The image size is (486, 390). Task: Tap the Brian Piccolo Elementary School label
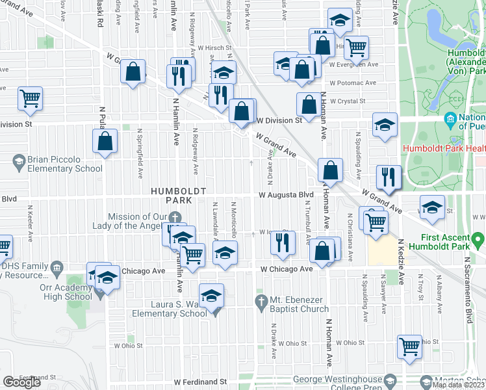[x=57, y=164]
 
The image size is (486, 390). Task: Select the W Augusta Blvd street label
[x=287, y=194]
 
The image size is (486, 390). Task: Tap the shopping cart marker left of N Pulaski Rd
[x=30, y=99]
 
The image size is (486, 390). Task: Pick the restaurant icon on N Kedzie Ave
[x=389, y=177]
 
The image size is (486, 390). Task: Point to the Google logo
[x=21, y=382]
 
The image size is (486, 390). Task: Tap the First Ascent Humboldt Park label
[x=453, y=243]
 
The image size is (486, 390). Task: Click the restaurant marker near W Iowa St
[x=281, y=244]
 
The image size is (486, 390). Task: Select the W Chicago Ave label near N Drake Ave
[x=287, y=268]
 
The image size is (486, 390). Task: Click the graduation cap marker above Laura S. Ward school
[x=211, y=296]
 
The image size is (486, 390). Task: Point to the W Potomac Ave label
[x=353, y=83]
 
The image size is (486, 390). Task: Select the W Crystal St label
[x=348, y=101]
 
